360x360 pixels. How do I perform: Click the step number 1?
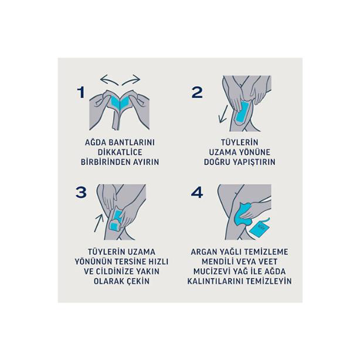[x=81, y=93]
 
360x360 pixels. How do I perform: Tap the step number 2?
[x=197, y=93]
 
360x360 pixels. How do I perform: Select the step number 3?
[x=81, y=192]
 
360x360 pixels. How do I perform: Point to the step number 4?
[x=197, y=192]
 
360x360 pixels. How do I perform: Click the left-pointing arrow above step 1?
[x=110, y=80]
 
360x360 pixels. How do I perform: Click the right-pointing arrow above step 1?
[x=131, y=80]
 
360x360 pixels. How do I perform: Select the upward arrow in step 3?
[x=99, y=223]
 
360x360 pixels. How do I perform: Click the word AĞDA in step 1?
[x=96, y=142]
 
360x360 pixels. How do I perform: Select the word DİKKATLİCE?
[x=120, y=152]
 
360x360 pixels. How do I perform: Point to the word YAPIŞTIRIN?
[x=254, y=162]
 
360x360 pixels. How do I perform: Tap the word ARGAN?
[x=202, y=252]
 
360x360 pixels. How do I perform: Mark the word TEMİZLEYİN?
[x=269, y=281]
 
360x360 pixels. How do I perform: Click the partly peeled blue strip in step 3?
[x=117, y=221]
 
